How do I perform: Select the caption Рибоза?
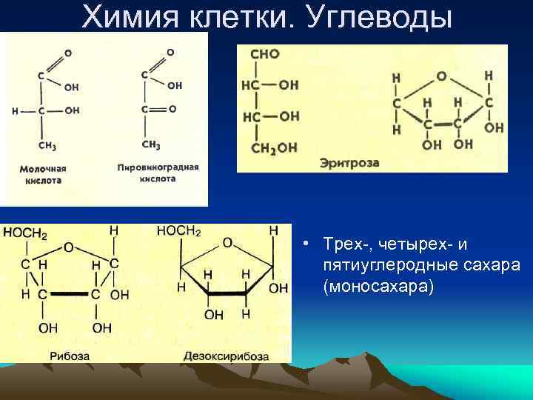coord(70,356)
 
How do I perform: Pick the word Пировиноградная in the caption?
coord(158,167)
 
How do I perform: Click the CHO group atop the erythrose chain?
coord(265,54)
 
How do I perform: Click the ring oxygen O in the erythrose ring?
coord(441,76)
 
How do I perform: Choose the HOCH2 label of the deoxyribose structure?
coord(178,232)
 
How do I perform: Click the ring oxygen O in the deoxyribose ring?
coord(227,242)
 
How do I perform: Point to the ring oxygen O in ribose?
coord(68,247)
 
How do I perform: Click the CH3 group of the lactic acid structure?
coord(47,145)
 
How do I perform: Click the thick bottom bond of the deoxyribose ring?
coord(226,294)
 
